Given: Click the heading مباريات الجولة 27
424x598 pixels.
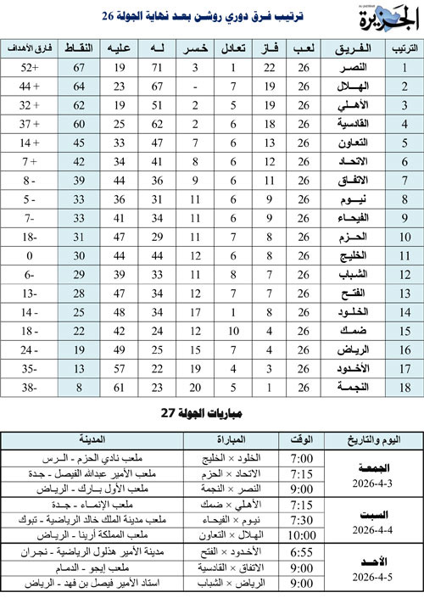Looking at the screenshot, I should click(212, 413).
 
